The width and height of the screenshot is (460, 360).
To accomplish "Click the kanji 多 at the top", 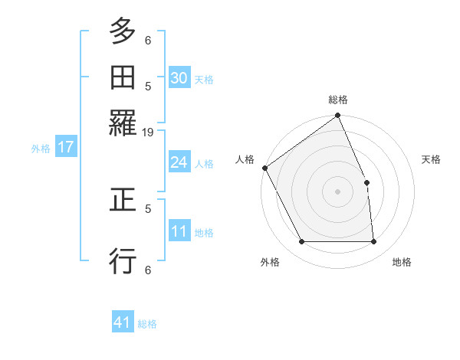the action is (123, 33).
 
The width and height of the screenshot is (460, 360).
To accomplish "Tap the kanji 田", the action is (123, 77).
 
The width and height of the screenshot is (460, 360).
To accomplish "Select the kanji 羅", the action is (123, 122).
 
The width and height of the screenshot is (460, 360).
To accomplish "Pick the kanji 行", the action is (123, 261).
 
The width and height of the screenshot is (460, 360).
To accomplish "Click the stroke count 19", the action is (149, 133).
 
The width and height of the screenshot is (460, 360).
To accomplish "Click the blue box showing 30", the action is (179, 78).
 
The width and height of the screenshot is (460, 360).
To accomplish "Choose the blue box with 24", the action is (179, 162).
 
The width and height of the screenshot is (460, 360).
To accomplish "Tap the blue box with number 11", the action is (179, 232).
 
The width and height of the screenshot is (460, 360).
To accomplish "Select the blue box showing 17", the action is (65, 147).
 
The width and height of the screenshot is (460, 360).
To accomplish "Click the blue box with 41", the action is (123, 323).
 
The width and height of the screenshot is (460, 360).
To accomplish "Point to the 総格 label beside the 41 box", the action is (148, 325).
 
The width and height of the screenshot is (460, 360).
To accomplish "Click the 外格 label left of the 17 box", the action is (41, 149).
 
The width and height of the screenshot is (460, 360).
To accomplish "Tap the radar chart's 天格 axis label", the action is (432, 159).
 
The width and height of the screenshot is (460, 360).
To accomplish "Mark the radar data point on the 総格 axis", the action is (338, 116).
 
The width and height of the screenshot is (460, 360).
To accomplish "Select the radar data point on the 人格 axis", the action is (265, 168).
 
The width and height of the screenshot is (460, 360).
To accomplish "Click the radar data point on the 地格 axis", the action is (374, 242).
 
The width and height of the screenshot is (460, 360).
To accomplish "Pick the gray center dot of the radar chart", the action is (338, 191).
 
